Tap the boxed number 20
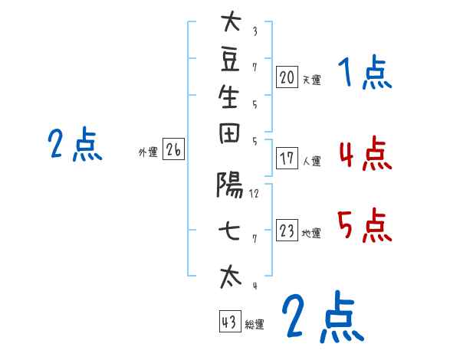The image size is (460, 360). (x=287, y=77)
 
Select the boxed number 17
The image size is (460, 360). (x=287, y=159)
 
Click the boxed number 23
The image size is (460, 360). (x=287, y=231)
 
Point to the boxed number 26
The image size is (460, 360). (x=173, y=150)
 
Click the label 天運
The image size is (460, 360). (x=311, y=79)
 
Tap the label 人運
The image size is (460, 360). (x=311, y=161)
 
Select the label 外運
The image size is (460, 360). (x=148, y=152)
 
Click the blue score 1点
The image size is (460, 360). (x=364, y=74)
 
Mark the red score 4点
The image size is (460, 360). (x=364, y=153)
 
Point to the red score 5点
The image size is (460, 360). (x=364, y=226)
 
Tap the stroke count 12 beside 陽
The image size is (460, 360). (x=254, y=193)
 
